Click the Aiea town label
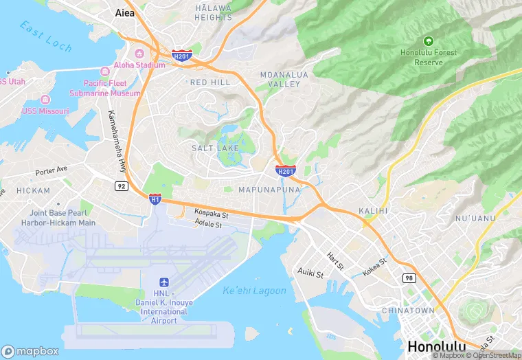124,13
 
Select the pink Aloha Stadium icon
139,54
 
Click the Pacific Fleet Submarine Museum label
105,88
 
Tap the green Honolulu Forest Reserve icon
429,42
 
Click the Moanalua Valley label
280,78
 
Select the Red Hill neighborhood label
210,82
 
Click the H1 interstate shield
155,199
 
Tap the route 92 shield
121,185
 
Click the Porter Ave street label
52,169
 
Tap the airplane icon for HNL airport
163,283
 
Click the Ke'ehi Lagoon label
254,291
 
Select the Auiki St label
310,273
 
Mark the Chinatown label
408,311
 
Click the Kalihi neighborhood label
373,210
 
